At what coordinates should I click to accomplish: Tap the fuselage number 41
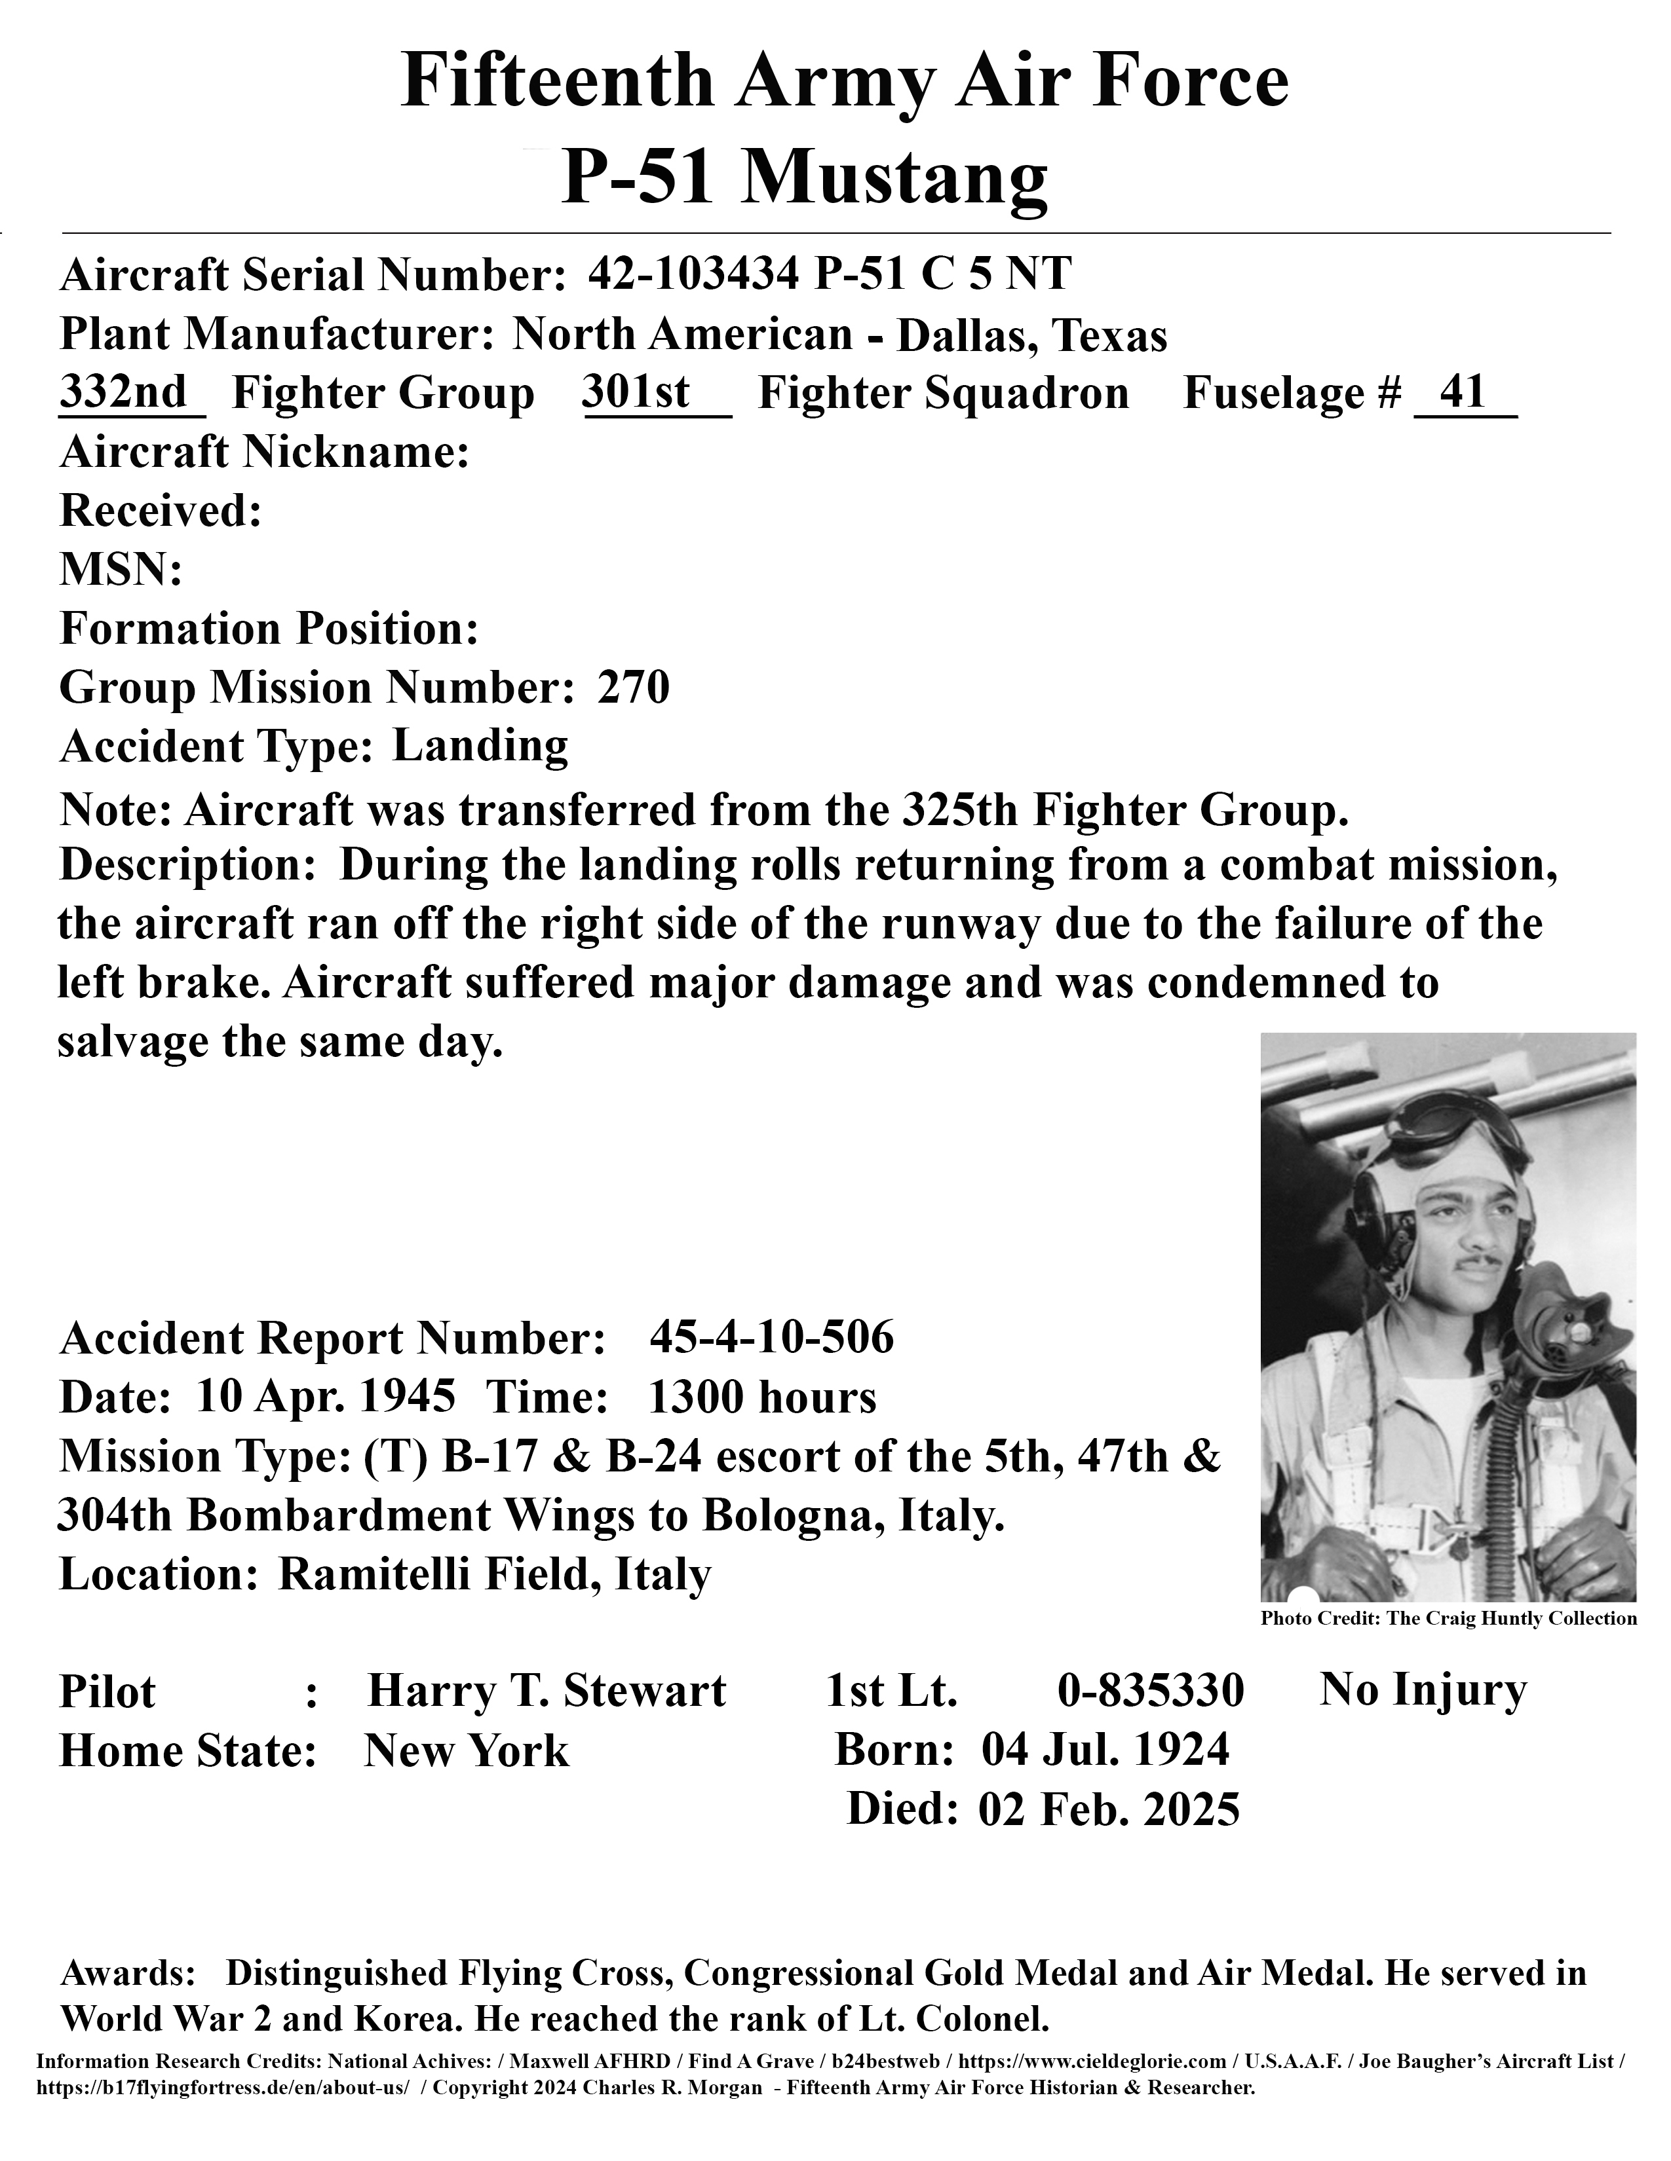1463,393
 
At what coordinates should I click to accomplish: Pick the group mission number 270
634,687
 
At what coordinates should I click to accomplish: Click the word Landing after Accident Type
480,746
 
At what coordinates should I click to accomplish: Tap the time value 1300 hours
761,1397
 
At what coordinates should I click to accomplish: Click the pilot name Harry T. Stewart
547,1691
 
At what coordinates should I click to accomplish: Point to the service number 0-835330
1150,1691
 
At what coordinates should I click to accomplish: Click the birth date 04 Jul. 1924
1105,1749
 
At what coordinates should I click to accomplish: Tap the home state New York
467,1751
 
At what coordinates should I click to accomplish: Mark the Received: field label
161,511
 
